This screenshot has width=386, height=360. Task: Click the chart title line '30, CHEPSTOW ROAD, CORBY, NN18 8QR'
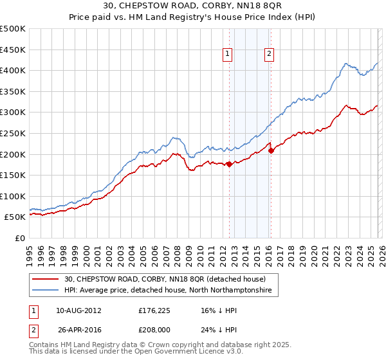(192, 6)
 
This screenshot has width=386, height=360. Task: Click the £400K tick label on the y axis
(13, 70)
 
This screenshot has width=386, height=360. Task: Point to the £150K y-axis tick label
(13, 175)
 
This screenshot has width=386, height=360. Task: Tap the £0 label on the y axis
(19, 238)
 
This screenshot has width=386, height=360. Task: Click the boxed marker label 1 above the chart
(228, 55)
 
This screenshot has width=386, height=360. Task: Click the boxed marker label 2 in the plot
(268, 55)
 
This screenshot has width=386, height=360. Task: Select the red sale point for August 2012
(229, 164)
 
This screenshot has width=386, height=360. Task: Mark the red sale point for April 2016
(271, 150)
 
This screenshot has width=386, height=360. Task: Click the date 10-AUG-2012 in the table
(78, 310)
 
